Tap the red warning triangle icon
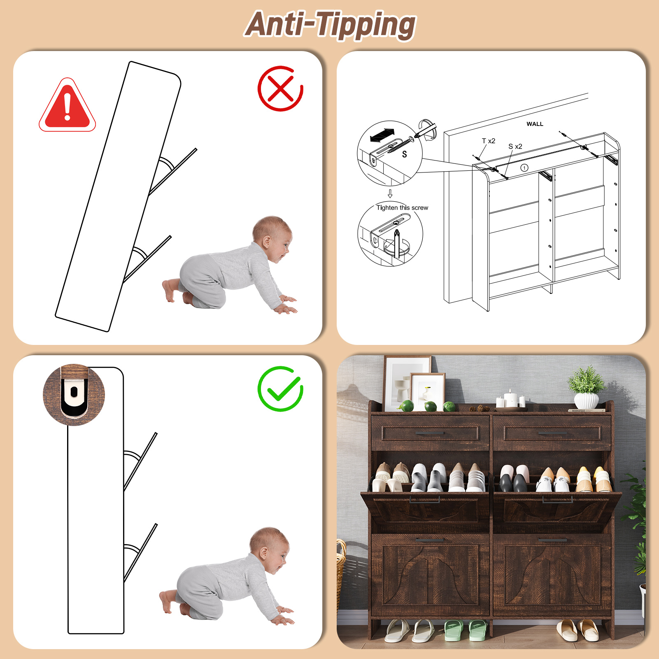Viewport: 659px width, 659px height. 68,105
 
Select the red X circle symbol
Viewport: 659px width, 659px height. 280,88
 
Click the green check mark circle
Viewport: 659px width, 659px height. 280,389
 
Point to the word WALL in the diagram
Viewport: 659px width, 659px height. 535,124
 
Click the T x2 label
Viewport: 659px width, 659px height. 489,141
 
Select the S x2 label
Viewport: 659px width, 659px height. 515,147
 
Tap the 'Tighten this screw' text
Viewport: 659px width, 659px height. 402,207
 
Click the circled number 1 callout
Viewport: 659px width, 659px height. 524,168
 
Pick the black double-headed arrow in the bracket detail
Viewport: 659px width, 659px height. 382,135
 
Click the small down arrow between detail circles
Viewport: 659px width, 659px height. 390,193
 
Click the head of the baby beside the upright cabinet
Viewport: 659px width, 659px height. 269,549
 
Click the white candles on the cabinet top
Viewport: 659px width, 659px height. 510,399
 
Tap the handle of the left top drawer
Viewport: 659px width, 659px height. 430,433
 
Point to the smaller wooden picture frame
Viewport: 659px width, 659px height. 428,392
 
